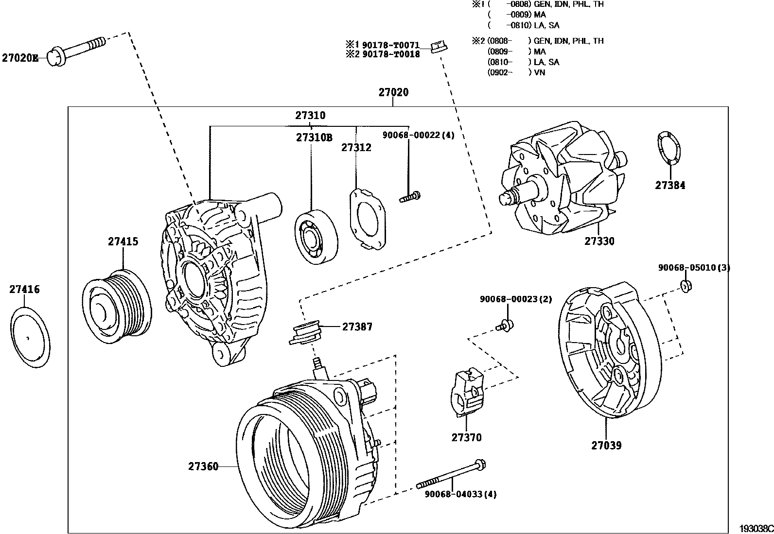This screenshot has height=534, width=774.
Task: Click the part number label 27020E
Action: point(20,57)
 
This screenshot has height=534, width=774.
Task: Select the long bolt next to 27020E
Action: point(78,49)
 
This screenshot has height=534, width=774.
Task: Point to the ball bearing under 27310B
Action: point(316,237)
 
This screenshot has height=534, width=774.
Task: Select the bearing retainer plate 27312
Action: point(368,218)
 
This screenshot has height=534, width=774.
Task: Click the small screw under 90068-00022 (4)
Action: point(409,197)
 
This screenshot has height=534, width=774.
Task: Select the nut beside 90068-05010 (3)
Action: point(686,286)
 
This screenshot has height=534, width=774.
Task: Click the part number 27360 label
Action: point(203,466)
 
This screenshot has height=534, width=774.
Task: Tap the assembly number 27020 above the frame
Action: point(393,92)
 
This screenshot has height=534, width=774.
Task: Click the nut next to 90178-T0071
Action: point(439,47)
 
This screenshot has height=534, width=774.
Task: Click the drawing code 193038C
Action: point(756,528)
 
